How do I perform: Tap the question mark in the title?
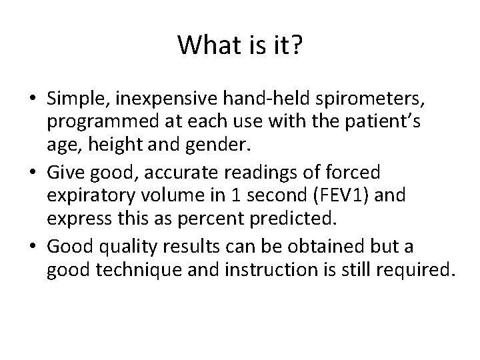point(297,45)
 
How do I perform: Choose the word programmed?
point(99,123)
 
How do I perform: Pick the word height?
point(106,148)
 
